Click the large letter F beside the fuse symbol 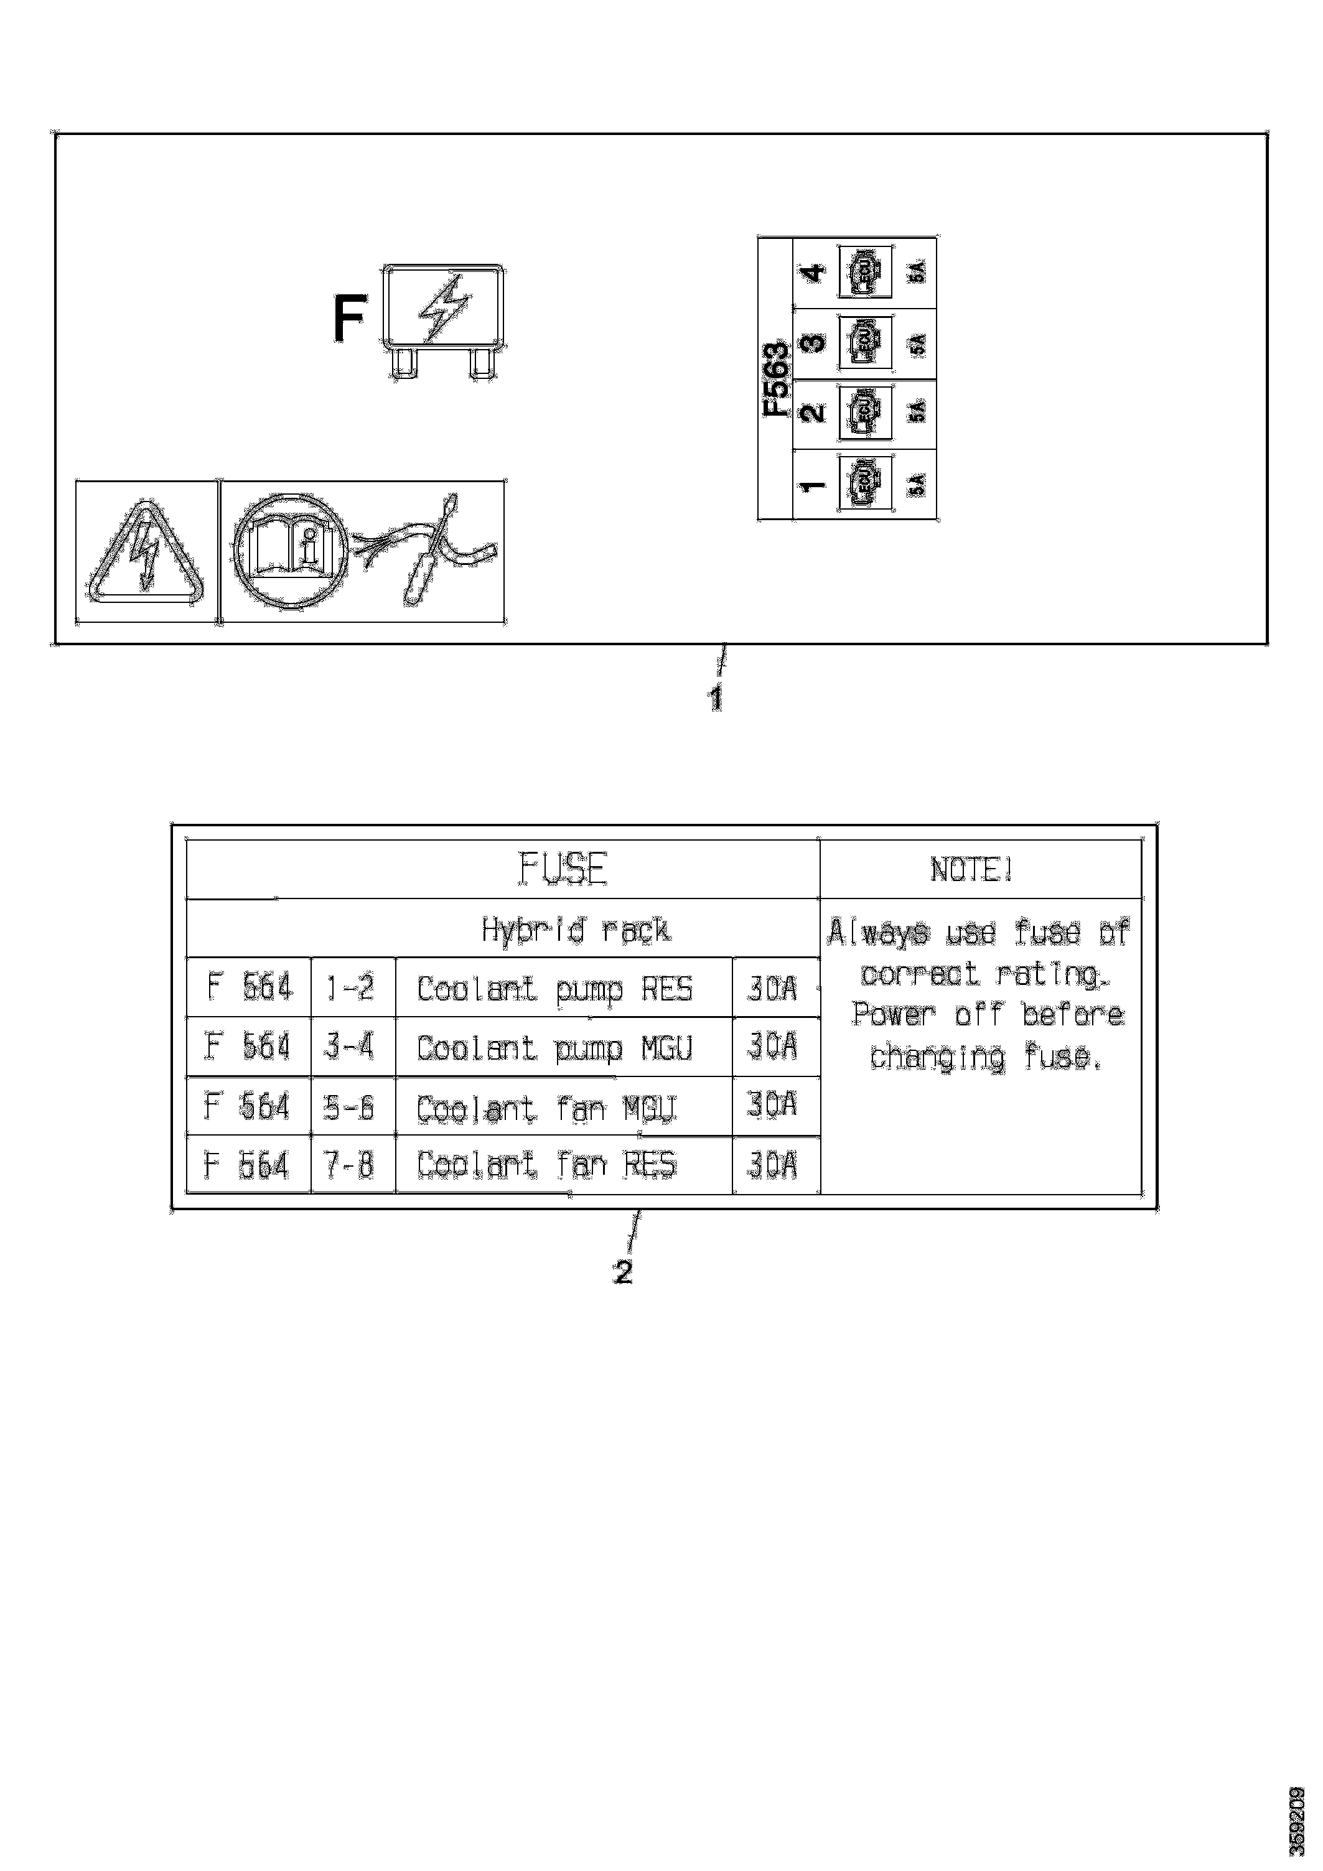coord(349,320)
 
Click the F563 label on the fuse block coord(776,379)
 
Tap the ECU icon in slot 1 coord(864,484)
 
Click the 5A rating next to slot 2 coord(917,413)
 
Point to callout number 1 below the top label coord(715,698)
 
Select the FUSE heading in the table coord(563,869)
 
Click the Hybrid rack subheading coord(576,929)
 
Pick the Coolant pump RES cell coord(554,989)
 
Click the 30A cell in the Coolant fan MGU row coord(772,1105)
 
